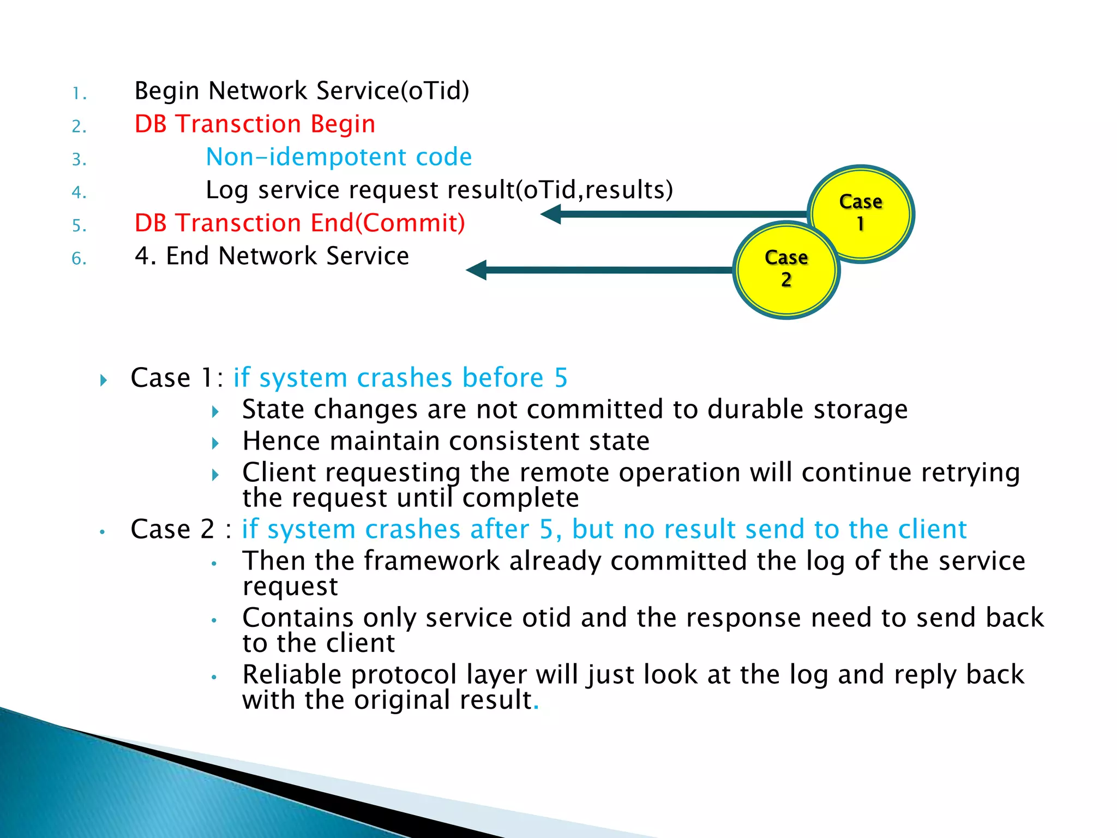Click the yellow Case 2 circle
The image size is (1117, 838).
pos(786,270)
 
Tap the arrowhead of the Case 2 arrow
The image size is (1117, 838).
pos(477,270)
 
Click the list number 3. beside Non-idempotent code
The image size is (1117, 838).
pos(79,159)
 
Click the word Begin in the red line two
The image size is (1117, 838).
pos(343,124)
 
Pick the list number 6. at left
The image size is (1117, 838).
pos(79,259)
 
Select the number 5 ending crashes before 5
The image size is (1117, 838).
pos(561,378)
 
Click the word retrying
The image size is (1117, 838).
pos(970,472)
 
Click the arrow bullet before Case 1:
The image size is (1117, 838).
pos(104,380)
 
